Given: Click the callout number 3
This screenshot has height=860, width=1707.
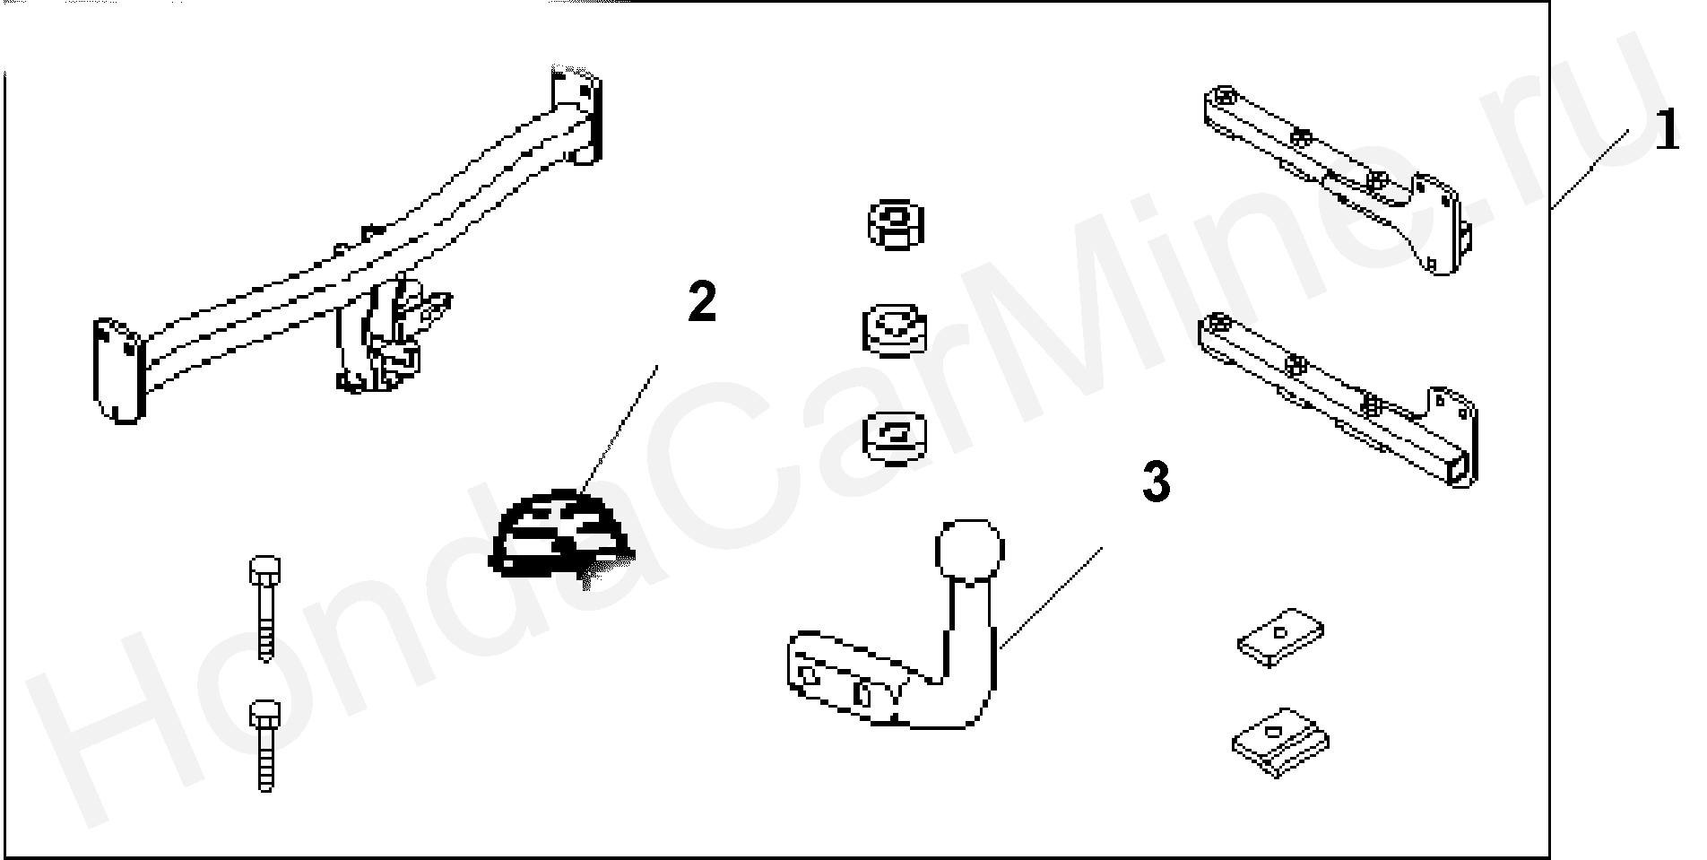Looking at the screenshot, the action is pyautogui.click(x=1156, y=482).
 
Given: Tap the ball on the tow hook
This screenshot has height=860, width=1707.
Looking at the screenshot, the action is pyautogui.click(x=968, y=549).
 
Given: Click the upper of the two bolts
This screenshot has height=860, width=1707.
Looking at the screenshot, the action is pyautogui.click(x=264, y=608).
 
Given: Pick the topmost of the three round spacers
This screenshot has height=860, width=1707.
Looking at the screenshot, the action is pyautogui.click(x=897, y=223).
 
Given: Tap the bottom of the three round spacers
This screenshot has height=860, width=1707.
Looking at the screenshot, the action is pyautogui.click(x=896, y=438).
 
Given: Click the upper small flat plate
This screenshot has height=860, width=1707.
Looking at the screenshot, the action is pyautogui.click(x=1282, y=636).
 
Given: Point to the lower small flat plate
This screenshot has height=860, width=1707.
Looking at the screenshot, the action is pyautogui.click(x=1280, y=739).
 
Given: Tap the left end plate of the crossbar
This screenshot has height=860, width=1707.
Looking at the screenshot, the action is pyautogui.click(x=118, y=369).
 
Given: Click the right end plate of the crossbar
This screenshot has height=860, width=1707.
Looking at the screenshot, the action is pyautogui.click(x=576, y=115).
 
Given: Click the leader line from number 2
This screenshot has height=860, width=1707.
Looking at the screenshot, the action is pyautogui.click(x=620, y=430).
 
